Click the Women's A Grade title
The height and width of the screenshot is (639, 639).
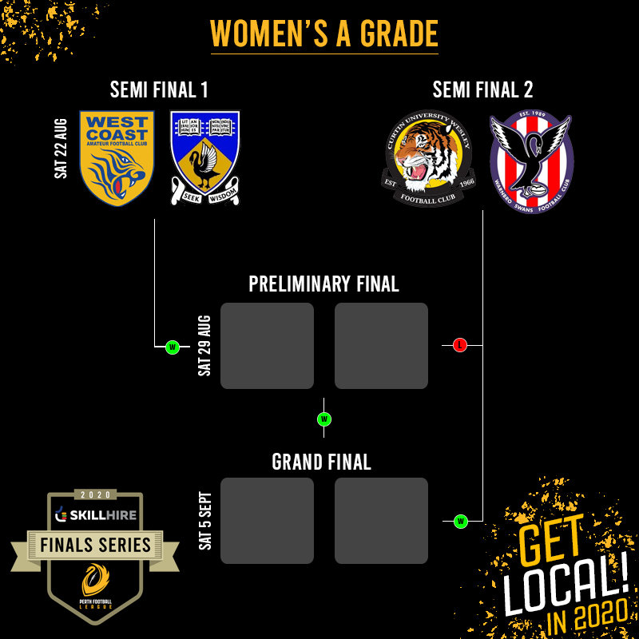tap(324, 34)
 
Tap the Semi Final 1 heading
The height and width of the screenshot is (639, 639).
tap(159, 89)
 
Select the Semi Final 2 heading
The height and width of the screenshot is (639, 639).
tap(482, 89)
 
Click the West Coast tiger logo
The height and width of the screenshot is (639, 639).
tap(117, 158)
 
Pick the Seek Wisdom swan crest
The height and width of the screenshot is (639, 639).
tap(204, 158)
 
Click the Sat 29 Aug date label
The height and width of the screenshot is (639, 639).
tap(204, 346)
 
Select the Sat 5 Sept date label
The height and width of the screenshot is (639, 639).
tap(204, 520)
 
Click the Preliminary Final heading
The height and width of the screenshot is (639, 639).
tap(323, 284)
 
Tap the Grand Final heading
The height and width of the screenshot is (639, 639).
tap(321, 462)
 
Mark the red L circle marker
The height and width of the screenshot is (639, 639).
tap(459, 345)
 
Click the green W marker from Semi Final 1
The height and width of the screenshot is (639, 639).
tap(172, 347)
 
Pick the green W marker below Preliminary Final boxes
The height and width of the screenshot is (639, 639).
tap(324, 419)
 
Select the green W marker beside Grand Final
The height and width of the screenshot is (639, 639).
tap(460, 522)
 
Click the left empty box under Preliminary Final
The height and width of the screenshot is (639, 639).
tap(267, 346)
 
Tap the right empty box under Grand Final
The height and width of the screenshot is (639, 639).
tap(381, 521)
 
